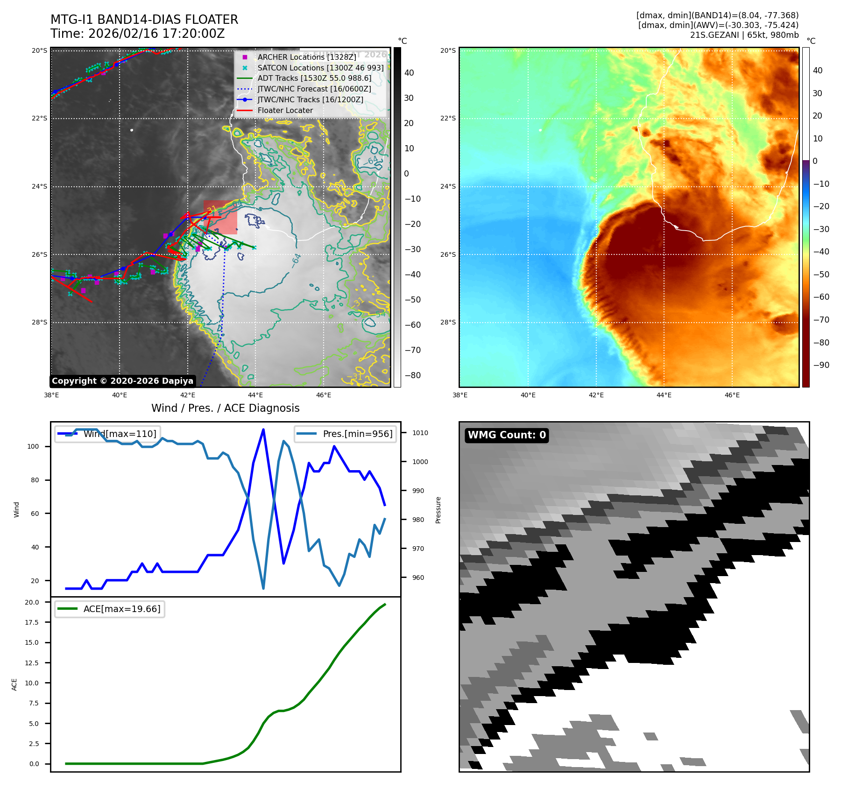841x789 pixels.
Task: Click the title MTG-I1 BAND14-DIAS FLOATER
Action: [144, 20]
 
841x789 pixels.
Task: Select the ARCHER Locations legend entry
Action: [306, 57]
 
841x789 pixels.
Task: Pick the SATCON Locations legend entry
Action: [320, 68]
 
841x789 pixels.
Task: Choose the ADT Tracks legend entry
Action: [314, 78]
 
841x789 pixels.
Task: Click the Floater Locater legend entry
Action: [285, 111]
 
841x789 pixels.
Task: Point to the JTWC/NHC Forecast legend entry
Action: [314, 89]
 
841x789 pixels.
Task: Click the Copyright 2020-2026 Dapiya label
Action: [122, 381]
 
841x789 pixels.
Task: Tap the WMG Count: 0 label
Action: [507, 435]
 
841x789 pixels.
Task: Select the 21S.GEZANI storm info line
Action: [744, 35]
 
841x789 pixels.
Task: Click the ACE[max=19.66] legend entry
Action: [121, 609]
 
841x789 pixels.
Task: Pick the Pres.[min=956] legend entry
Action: [357, 434]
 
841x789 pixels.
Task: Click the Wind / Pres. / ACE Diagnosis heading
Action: [226, 408]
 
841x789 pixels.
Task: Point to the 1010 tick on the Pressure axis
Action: [420, 433]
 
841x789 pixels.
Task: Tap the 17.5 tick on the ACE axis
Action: [32, 622]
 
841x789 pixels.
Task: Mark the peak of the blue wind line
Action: [263, 430]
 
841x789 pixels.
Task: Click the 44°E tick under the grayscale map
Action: [255, 395]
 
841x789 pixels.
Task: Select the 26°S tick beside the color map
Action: [448, 254]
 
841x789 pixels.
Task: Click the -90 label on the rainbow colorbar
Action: [821, 365]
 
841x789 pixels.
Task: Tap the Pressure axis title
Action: [438, 510]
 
